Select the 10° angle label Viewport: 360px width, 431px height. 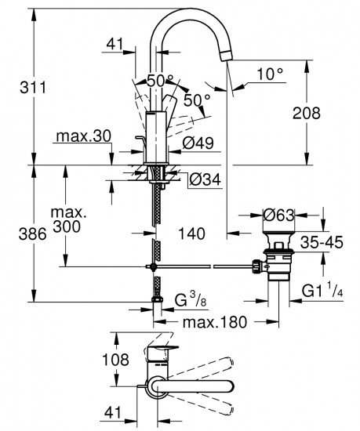269,74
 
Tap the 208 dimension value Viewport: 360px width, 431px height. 305,113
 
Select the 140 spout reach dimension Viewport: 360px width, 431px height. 193,233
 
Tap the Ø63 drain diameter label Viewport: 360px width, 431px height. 278,214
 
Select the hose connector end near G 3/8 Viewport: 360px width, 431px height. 156,301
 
